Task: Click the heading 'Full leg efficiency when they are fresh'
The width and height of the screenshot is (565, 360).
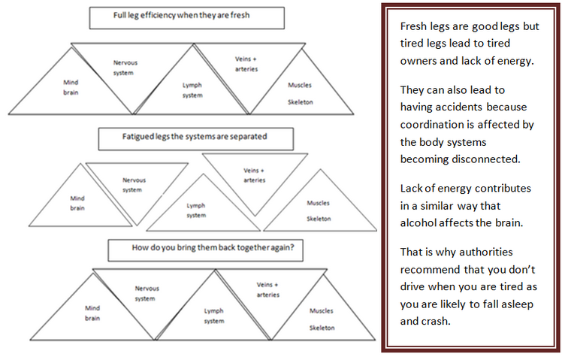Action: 181,15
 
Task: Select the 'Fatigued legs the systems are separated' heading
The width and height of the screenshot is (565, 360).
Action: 195,137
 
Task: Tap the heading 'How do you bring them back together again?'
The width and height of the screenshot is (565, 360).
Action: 213,247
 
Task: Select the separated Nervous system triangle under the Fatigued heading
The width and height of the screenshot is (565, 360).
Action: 137,184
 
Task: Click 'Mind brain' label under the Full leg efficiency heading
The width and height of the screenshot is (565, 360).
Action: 71,88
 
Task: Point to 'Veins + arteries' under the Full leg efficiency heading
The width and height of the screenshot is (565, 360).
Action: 246,64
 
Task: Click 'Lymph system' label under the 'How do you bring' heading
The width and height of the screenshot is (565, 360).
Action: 214,316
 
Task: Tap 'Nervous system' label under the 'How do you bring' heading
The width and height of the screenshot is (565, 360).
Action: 147,293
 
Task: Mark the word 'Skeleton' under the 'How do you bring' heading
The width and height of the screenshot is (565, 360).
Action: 322,328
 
